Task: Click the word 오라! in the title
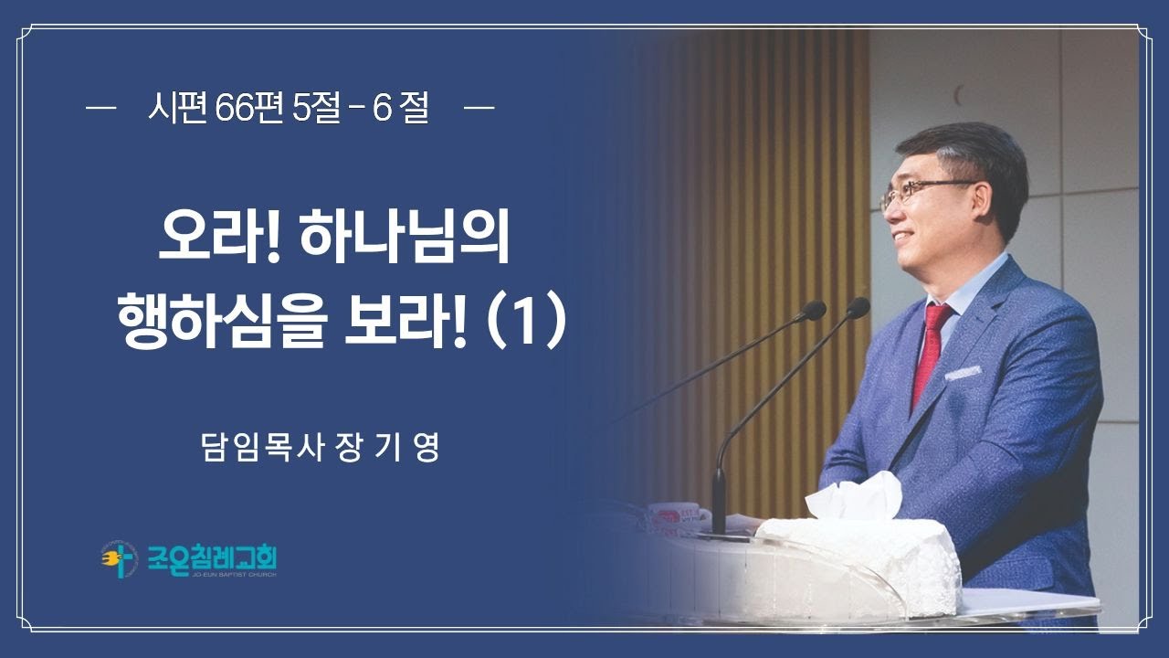point(216,239)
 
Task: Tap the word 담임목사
point(261,449)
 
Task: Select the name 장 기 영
point(389,449)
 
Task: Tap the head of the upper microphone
point(857,308)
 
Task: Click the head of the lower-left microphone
point(812,311)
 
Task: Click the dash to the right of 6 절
point(479,110)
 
